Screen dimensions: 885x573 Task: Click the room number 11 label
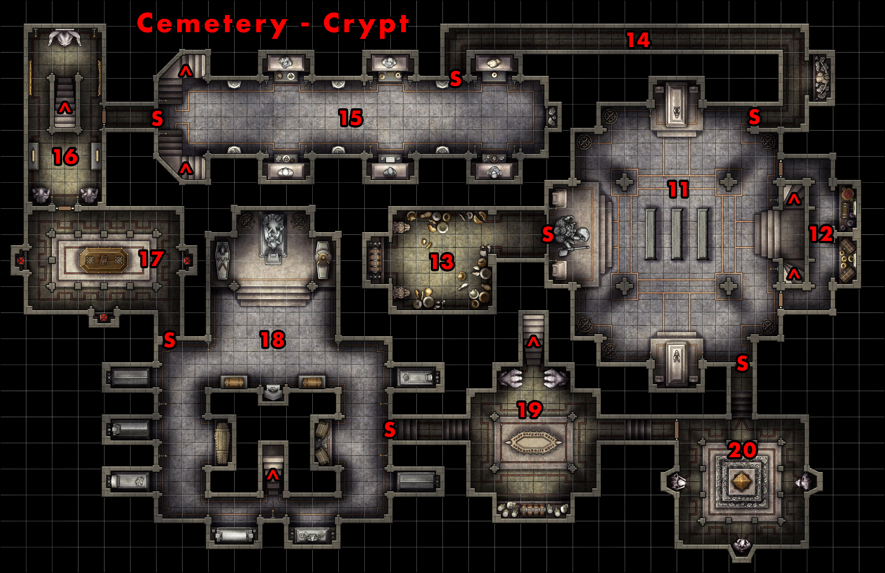(x=678, y=189)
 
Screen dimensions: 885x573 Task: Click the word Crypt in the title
(x=366, y=24)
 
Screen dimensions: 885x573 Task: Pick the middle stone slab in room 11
(x=677, y=234)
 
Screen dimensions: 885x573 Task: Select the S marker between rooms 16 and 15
(x=157, y=118)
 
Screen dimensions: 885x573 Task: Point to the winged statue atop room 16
(x=65, y=38)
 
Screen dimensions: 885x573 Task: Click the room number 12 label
(x=821, y=234)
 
